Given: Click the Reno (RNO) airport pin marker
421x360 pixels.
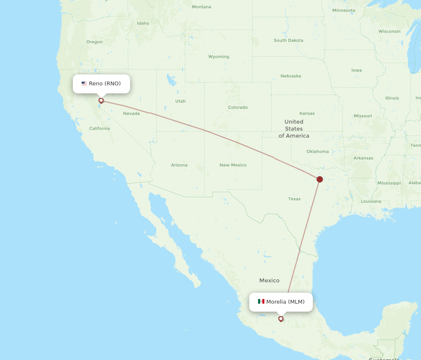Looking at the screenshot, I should coord(101,101).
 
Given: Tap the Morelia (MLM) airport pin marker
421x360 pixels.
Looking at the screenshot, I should coord(281,318).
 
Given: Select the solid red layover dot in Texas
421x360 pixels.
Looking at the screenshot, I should coord(320,179).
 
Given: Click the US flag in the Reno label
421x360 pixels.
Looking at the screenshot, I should coord(84,84).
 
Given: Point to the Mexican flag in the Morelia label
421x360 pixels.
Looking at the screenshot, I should coord(261,302).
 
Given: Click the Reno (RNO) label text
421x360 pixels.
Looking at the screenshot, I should coord(105,84).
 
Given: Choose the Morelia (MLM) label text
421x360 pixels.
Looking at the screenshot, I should coord(285,302).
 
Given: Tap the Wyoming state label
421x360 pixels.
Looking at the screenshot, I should coord(218,56).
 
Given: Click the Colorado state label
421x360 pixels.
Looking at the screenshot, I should coord(238,107).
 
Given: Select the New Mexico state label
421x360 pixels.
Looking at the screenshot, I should coord(233,165).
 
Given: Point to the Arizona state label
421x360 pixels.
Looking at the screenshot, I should coord(179,165).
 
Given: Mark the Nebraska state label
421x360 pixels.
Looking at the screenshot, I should coord(290,76).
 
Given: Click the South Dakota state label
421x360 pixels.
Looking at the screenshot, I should coord(288,40).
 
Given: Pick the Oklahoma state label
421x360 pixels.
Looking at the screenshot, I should coord(317,151).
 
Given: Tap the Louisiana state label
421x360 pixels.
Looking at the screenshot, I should coord(371,201).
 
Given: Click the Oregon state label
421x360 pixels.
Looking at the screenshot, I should coord(94,42).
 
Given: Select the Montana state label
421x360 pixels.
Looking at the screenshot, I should coord(201,7).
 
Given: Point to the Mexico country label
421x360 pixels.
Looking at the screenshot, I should coord(269,281).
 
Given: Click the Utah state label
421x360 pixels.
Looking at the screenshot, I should coord(180,101).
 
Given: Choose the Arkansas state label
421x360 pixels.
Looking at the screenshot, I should coord(363,158).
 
